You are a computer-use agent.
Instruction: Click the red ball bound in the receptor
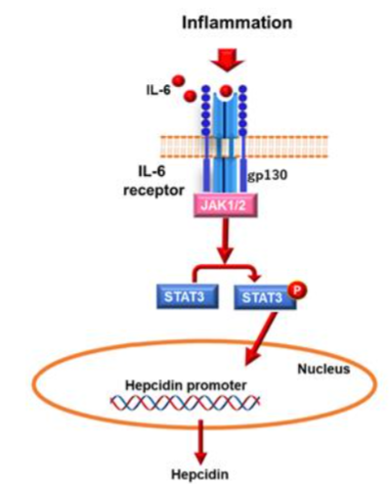pyautogui.click(x=227, y=94)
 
